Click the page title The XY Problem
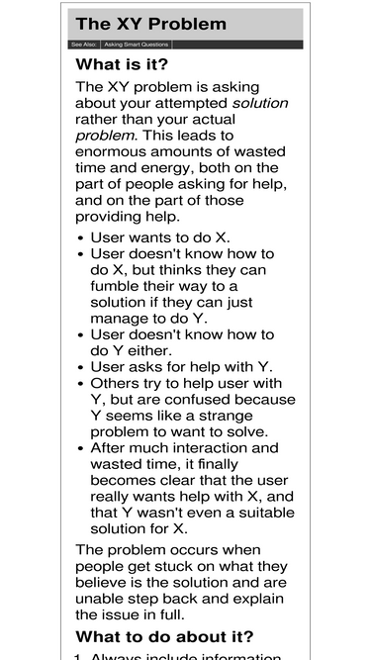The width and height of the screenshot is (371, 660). [150, 24]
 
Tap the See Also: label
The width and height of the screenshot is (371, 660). [83, 45]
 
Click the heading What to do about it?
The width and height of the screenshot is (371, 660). [164, 636]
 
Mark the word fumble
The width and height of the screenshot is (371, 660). [121, 286]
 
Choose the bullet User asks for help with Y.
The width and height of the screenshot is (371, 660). [181, 367]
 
